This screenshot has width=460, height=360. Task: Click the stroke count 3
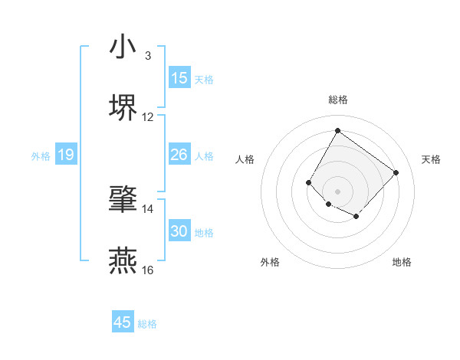[x=147, y=56]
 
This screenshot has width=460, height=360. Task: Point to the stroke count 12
[x=148, y=117]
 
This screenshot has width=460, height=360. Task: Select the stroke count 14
[x=148, y=209]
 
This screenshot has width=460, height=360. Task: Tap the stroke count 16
[x=148, y=270]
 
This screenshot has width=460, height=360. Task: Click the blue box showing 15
[x=179, y=78]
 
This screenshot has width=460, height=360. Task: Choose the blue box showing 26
[x=179, y=155]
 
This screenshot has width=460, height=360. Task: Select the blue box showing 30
[x=179, y=231]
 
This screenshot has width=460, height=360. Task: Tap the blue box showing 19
[x=66, y=155]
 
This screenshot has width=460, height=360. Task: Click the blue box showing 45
[x=123, y=322]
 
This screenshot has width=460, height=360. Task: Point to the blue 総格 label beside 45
[x=147, y=324]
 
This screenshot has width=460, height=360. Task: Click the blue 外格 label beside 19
[x=41, y=156]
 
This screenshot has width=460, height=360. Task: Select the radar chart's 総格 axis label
[x=337, y=100]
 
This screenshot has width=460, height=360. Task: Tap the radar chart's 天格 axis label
[x=431, y=159]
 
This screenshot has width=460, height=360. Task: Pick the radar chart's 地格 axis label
[x=402, y=262]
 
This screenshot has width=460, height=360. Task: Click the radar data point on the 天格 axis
[x=396, y=172]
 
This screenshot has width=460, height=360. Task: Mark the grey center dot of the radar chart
[x=337, y=191]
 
